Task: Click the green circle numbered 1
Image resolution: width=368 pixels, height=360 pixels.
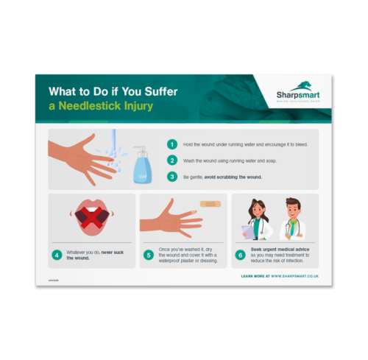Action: pos(172,144)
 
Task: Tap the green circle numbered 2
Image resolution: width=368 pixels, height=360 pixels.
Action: pos(172,160)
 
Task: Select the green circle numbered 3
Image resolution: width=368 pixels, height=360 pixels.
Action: pos(172,176)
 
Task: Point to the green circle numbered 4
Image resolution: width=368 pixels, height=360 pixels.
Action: pos(57,255)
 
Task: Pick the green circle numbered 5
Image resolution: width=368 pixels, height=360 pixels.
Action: pos(148,255)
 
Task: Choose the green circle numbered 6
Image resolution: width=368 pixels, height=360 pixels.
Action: pos(240,255)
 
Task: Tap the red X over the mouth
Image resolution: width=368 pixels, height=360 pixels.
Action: pos(91,217)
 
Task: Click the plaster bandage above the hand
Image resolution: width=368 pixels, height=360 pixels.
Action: pos(209,203)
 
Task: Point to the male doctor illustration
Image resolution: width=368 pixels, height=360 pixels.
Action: pos(292,219)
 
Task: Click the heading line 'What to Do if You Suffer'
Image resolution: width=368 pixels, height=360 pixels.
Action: pos(110,93)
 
